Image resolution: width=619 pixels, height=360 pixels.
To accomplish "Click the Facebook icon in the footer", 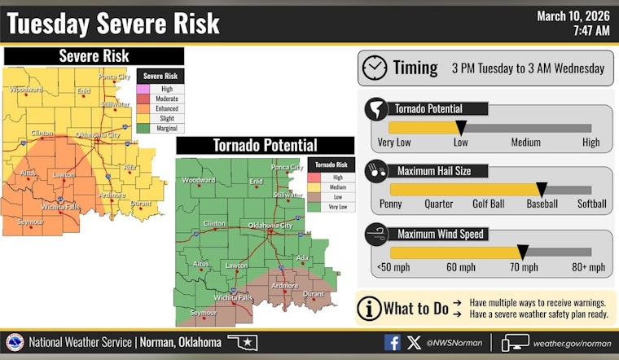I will [x=392, y=343].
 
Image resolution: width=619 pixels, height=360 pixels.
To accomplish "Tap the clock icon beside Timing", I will [x=375, y=68].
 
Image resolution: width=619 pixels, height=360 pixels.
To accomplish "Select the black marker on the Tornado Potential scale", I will [x=460, y=128].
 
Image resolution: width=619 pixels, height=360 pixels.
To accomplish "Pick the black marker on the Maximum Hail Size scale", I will [x=541, y=190].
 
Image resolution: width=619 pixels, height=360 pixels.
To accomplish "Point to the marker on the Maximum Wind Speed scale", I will [x=523, y=253].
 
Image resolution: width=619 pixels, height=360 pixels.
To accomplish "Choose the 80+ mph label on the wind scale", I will [x=588, y=267].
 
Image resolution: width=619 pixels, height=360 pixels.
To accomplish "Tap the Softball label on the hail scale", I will [x=592, y=204].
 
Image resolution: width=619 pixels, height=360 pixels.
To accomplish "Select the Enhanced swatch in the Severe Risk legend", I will [x=147, y=108].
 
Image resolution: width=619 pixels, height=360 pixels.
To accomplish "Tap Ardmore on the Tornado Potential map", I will [x=284, y=286].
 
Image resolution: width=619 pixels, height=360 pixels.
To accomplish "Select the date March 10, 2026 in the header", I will [x=573, y=15].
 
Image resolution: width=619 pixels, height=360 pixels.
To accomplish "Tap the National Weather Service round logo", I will [x=15, y=343].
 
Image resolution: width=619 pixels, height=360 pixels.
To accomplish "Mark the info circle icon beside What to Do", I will [x=371, y=309].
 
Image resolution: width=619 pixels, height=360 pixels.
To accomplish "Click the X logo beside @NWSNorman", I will [x=414, y=343].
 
